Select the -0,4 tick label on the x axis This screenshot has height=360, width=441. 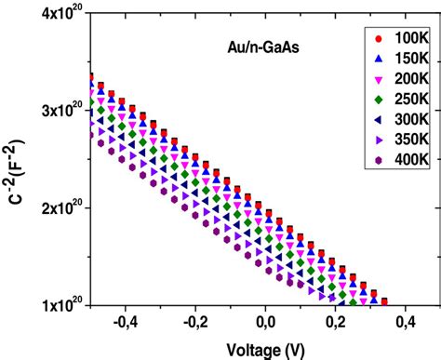click(x=124, y=322)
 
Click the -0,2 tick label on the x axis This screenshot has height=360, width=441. click(x=194, y=322)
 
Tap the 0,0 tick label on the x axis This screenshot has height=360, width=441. click(x=266, y=322)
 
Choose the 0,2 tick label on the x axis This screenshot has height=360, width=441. click(x=336, y=322)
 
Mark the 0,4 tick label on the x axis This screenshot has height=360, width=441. click(x=405, y=322)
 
